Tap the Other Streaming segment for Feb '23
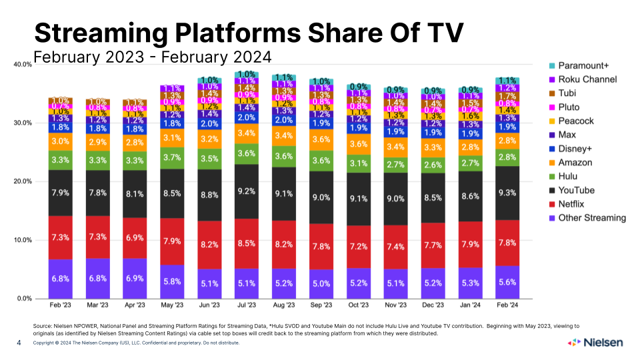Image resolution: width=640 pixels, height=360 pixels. tap(60, 279)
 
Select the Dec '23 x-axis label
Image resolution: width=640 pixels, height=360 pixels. tap(433, 306)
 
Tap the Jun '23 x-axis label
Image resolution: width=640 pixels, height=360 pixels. tap(209, 306)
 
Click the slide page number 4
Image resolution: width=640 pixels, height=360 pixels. tap(19, 343)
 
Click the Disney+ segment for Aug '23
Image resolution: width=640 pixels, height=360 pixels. tap(284, 121)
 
